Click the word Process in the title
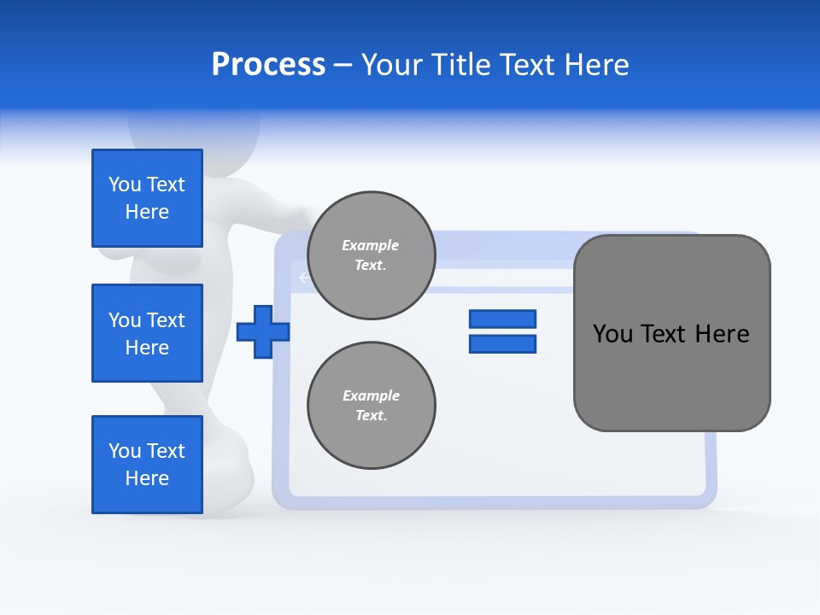pos(268,65)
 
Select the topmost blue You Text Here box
pos(147,198)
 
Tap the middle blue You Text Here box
pos(147,333)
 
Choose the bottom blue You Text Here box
pos(147,465)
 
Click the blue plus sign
pos(262,332)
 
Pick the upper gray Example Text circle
pos(372,255)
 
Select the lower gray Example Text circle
pos(372,406)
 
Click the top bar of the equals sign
pos(502,319)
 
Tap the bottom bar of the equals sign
pos(502,344)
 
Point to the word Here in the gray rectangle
pos(722,334)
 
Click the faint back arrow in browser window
pos(302,278)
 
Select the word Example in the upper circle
pos(371,245)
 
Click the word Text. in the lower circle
pos(372,416)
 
